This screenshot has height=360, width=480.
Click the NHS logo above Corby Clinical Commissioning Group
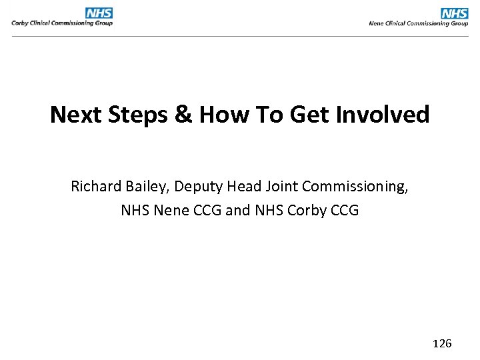pyautogui.click(x=99, y=13)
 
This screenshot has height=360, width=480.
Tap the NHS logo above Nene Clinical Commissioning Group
pyautogui.click(x=455, y=13)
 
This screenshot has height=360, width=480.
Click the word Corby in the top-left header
pyautogui.click(x=19, y=23)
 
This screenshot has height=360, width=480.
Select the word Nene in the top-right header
pyautogui.click(x=377, y=23)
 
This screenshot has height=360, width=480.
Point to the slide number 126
pyautogui.click(x=442, y=343)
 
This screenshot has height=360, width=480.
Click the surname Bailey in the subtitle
pyautogui.click(x=146, y=186)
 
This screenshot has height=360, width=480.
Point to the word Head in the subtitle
pyautogui.click(x=243, y=186)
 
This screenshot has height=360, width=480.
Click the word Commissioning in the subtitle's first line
pyautogui.click(x=354, y=186)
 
